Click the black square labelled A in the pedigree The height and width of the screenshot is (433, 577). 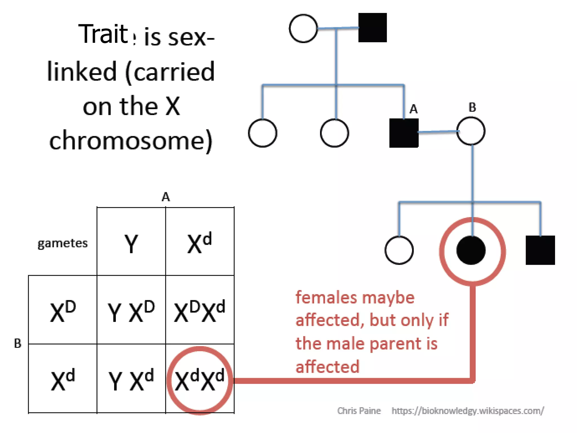404,133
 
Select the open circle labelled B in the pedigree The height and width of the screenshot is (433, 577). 471,131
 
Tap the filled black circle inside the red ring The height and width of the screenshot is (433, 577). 471,250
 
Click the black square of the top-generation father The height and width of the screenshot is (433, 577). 372,28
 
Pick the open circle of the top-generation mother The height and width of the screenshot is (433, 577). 303,28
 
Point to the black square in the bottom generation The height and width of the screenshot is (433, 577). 540,250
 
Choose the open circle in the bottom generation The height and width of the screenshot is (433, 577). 399,250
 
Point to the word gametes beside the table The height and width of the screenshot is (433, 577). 63,243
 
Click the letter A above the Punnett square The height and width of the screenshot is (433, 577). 166,197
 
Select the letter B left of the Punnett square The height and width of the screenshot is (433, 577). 17,343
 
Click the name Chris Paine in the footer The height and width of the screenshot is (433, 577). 359,411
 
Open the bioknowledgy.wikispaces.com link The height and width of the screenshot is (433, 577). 468,411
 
